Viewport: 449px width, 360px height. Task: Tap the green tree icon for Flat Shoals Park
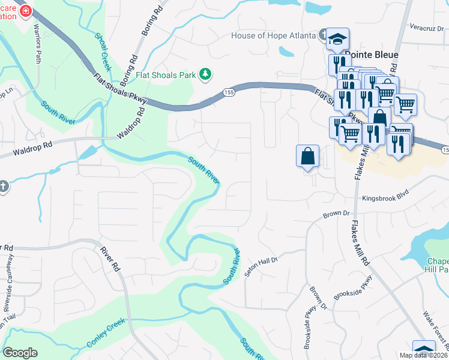click(x=206, y=74)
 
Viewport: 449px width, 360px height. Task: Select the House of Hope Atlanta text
click(x=273, y=35)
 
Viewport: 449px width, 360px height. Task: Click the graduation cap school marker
click(x=337, y=38)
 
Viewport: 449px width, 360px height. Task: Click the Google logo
click(x=20, y=353)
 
